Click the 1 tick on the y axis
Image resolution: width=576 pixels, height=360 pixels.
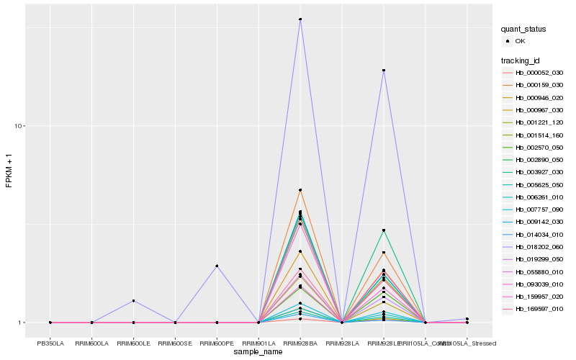23,323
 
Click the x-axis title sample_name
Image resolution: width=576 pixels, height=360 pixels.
258,352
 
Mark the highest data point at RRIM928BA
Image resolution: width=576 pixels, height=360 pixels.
300,19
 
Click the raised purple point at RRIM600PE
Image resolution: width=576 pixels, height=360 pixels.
217,266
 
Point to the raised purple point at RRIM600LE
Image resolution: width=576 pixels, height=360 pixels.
134,300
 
